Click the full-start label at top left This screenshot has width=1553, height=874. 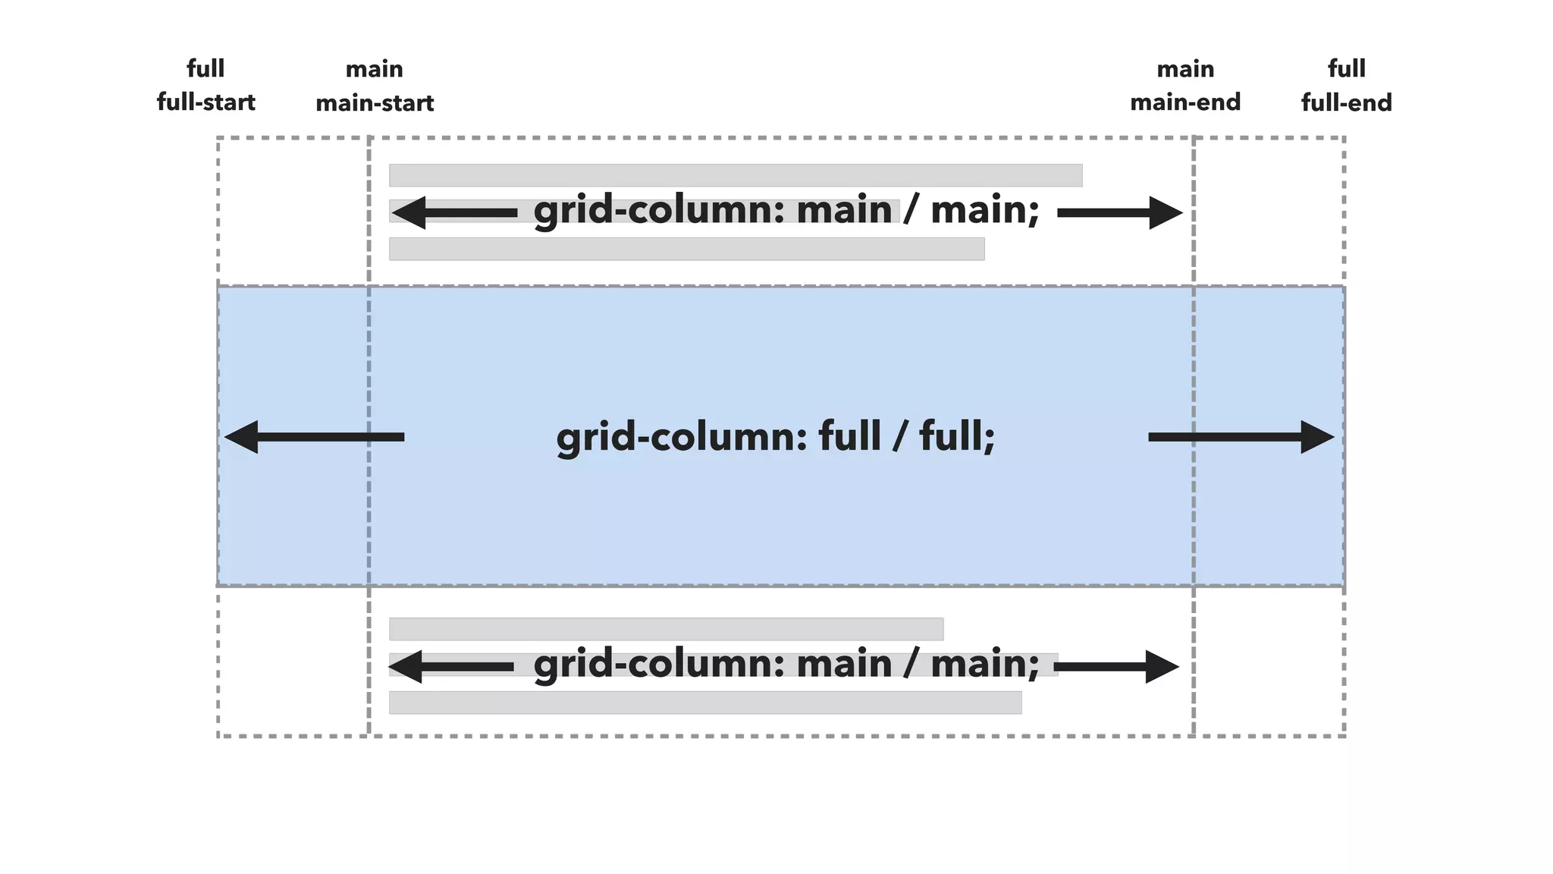205,102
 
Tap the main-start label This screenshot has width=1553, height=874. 375,103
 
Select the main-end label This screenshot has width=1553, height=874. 1185,102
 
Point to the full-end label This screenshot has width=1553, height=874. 1347,103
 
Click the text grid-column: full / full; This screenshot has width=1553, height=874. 776,437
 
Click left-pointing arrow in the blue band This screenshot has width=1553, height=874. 314,437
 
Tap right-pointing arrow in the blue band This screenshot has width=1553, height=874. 1241,437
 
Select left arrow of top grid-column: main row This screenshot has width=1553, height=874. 453,212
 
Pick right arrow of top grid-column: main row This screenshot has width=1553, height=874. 1120,212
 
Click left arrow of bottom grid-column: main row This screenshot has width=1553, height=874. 451,667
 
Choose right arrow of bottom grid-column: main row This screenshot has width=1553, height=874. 1116,667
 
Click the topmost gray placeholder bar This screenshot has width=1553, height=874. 736,175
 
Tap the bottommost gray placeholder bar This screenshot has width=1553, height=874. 705,703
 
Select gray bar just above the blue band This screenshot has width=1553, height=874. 686,249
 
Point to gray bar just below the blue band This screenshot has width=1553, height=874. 666,629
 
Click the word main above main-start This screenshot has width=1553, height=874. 375,69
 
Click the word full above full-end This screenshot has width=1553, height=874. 1347,69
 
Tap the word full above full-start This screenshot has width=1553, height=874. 205,69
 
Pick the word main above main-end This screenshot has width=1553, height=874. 1185,69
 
